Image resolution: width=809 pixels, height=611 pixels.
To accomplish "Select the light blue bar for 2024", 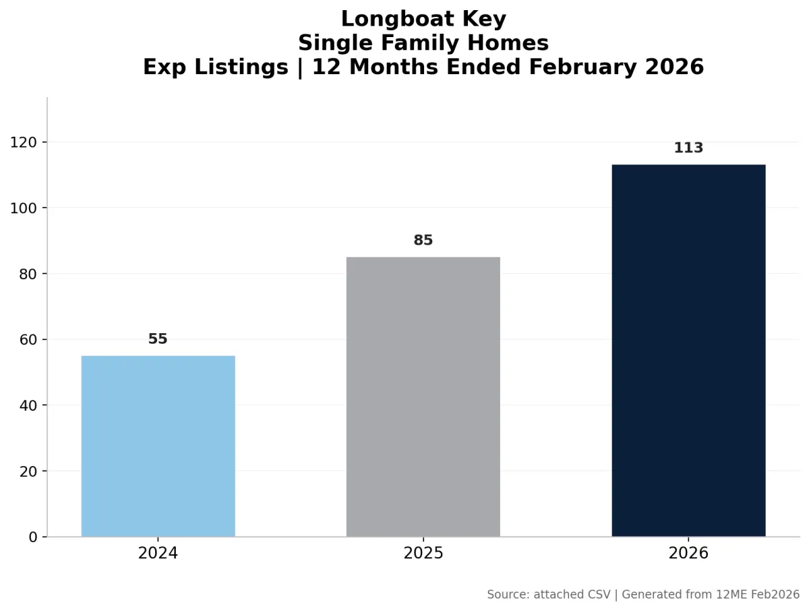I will [158, 446].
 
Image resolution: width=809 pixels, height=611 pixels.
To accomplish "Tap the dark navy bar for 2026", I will [688, 350].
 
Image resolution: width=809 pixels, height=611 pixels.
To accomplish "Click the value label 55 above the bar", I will [158, 339].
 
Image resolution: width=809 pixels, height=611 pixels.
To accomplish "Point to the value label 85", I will [423, 241].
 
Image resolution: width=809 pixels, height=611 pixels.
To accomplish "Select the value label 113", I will [688, 148].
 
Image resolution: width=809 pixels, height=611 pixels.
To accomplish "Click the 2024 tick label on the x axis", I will [158, 554].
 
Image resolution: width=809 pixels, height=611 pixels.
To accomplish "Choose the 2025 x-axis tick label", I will [423, 554].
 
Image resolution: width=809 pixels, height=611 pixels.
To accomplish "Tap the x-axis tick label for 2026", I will [688, 554].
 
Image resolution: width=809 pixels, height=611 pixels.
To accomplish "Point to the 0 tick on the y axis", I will [33, 537].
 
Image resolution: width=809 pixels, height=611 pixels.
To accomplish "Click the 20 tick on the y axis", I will [28, 471].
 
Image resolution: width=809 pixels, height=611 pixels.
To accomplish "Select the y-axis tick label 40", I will [28, 405].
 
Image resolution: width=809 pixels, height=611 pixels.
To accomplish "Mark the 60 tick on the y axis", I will [28, 340].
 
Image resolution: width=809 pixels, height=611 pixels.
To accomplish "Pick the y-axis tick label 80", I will [28, 274].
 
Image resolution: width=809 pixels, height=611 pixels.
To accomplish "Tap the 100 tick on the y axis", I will [24, 208].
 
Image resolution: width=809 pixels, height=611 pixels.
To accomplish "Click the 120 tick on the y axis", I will [24, 142].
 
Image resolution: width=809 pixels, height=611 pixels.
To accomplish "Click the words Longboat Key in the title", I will [423, 19].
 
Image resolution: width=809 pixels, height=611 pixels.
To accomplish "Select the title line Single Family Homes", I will [423, 43].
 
